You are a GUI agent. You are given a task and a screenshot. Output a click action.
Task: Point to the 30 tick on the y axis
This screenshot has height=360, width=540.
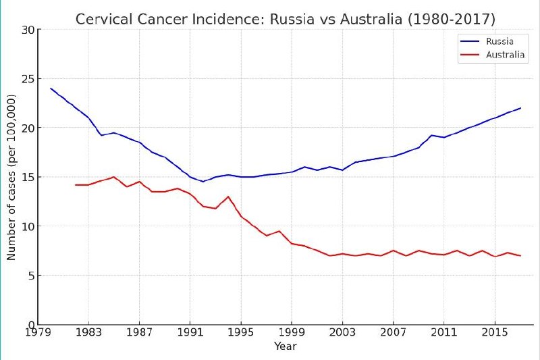point(28,30)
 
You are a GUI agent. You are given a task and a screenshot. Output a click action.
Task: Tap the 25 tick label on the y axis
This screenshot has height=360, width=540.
point(28,79)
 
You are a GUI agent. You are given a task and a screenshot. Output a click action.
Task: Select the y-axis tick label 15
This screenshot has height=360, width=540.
point(28,177)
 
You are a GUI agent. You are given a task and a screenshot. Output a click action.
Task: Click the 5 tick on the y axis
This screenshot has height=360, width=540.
point(30,276)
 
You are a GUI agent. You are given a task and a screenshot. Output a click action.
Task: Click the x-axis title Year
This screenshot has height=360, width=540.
point(285,346)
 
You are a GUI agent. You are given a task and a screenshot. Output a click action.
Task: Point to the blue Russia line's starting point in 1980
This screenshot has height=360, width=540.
point(51,88)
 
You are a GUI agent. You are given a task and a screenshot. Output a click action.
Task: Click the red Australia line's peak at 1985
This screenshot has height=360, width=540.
point(114,177)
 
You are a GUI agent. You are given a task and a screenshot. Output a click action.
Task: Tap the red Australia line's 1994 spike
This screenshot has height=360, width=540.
point(228,197)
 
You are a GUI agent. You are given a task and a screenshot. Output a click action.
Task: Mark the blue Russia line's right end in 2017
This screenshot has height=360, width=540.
point(520,108)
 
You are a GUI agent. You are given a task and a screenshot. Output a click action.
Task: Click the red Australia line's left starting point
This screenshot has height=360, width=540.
point(76,184)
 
